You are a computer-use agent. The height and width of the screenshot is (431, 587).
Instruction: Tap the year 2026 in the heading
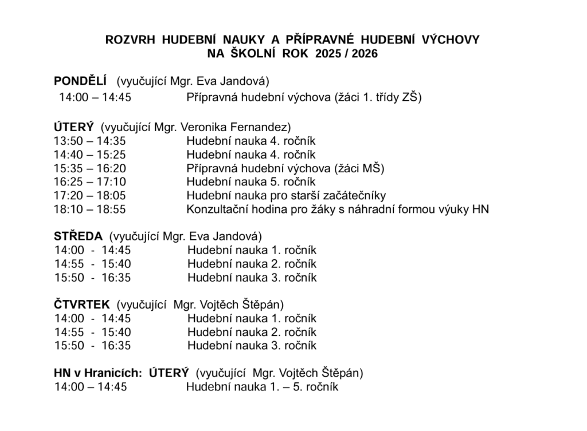[365, 54]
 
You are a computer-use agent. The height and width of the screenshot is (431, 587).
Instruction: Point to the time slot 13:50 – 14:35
[89, 141]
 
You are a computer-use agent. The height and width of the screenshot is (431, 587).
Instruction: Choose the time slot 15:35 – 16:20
[89, 168]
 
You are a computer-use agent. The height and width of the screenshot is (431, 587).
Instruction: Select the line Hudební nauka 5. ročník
[251, 182]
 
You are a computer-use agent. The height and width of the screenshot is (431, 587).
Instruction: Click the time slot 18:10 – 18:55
[89, 209]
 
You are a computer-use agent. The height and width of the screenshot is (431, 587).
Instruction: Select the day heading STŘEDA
[78, 236]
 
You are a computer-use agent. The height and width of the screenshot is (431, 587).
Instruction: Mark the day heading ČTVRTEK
[82, 305]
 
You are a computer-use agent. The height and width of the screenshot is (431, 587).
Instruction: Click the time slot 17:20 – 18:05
[89, 196]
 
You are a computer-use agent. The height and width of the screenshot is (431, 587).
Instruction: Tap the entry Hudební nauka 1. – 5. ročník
[262, 387]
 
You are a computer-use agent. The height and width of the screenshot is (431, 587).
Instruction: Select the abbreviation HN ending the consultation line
[480, 209]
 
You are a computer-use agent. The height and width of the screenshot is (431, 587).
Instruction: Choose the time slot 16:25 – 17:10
[89, 182]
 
